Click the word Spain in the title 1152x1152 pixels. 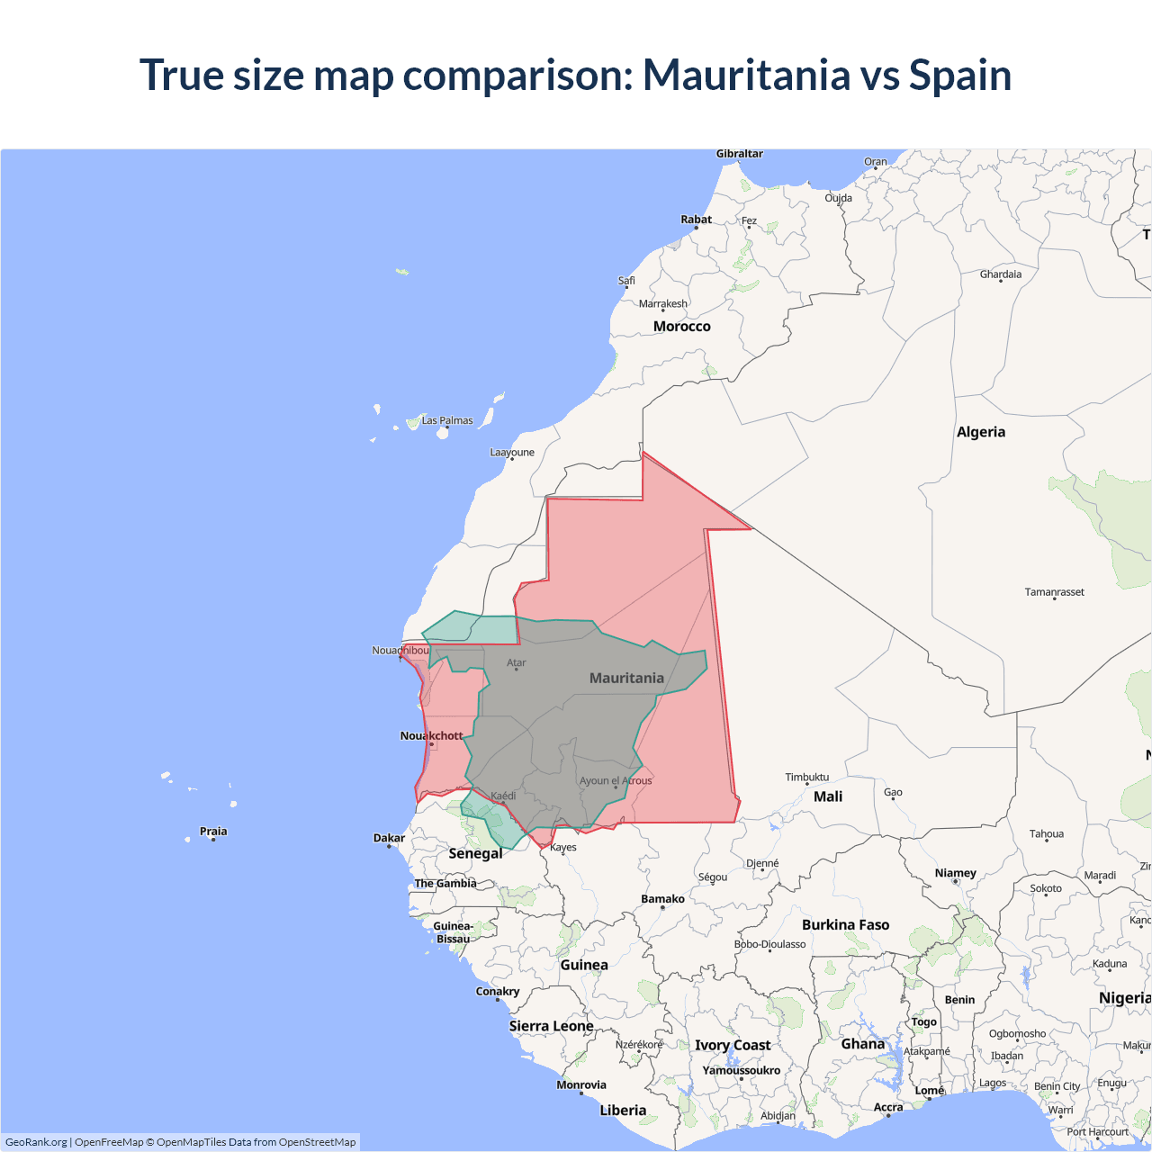(959, 75)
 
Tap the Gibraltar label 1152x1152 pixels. (739, 154)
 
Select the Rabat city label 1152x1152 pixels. (696, 220)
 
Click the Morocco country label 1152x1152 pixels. (681, 327)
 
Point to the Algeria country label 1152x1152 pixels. (980, 432)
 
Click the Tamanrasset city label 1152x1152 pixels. (1054, 592)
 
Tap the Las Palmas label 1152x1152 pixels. (447, 420)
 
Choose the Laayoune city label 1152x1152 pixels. (512, 453)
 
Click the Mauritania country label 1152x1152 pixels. (626, 678)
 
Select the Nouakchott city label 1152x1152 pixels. (431, 736)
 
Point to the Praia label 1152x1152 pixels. (213, 832)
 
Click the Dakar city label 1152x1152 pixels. (389, 838)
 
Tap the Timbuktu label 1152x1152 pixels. (806, 778)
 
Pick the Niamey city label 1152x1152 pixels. (955, 873)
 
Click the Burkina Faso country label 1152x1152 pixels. (845, 925)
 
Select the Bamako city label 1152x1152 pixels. (662, 899)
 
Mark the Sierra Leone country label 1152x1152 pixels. (551, 1026)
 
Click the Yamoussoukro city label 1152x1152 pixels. (741, 1071)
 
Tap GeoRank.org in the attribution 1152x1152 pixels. (36, 1142)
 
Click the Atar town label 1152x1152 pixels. (517, 663)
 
